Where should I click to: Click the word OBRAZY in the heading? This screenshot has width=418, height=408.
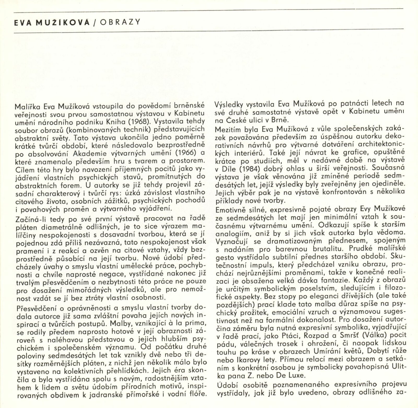click(120, 22)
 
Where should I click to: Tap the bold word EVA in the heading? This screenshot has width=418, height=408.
click(23, 22)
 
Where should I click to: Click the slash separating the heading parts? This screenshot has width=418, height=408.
click(95, 22)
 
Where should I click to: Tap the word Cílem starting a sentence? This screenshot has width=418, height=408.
click(25, 169)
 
